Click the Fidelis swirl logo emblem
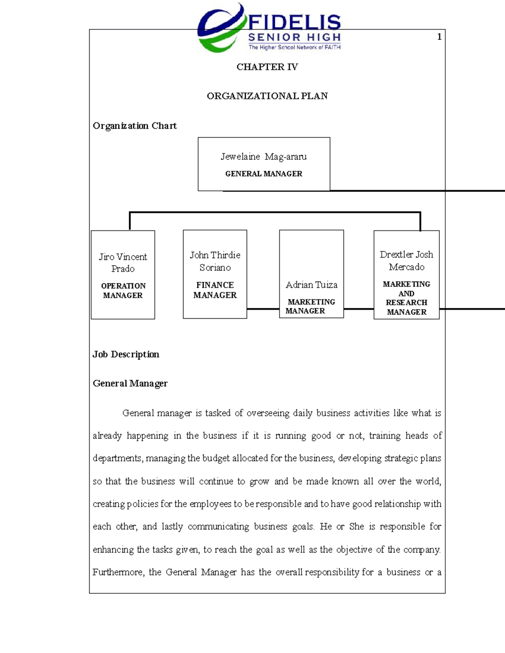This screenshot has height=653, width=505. click(220, 29)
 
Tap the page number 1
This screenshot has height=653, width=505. click(439, 37)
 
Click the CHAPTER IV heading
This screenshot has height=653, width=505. click(267, 67)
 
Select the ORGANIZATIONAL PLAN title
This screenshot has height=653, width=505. click(267, 96)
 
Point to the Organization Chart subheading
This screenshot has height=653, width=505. click(135, 126)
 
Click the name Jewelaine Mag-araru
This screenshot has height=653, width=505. click(263, 157)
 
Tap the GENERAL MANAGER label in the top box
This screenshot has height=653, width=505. click(263, 174)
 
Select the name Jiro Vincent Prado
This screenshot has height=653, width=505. click(123, 262)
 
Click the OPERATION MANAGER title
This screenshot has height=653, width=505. click(123, 291)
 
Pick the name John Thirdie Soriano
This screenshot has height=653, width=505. click(215, 261)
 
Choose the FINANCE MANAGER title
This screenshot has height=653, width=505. click(215, 290)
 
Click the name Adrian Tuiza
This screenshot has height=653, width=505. click(311, 285)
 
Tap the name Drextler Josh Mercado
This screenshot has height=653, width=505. click(406, 260)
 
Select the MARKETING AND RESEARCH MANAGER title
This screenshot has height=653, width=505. click(406, 298)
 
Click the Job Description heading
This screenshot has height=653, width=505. click(126, 354)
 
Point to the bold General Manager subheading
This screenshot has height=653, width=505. click(130, 383)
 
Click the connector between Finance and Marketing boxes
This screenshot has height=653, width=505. click(263, 309)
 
